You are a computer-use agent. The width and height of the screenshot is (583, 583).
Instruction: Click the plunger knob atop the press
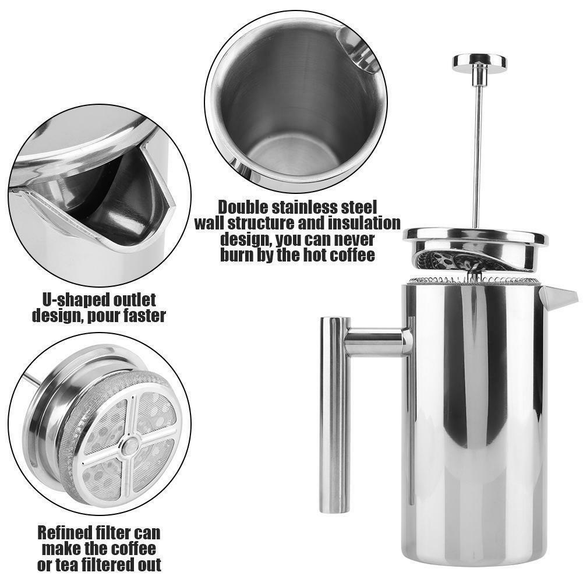pos(479,61)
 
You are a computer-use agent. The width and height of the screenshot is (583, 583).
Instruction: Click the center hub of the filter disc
pos(129,445)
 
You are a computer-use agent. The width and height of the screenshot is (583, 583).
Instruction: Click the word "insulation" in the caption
pos(366,223)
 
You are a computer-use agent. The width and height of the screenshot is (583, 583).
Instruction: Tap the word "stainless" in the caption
pos(312,207)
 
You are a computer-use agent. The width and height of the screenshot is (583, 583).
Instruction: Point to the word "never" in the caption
pos(348,239)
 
